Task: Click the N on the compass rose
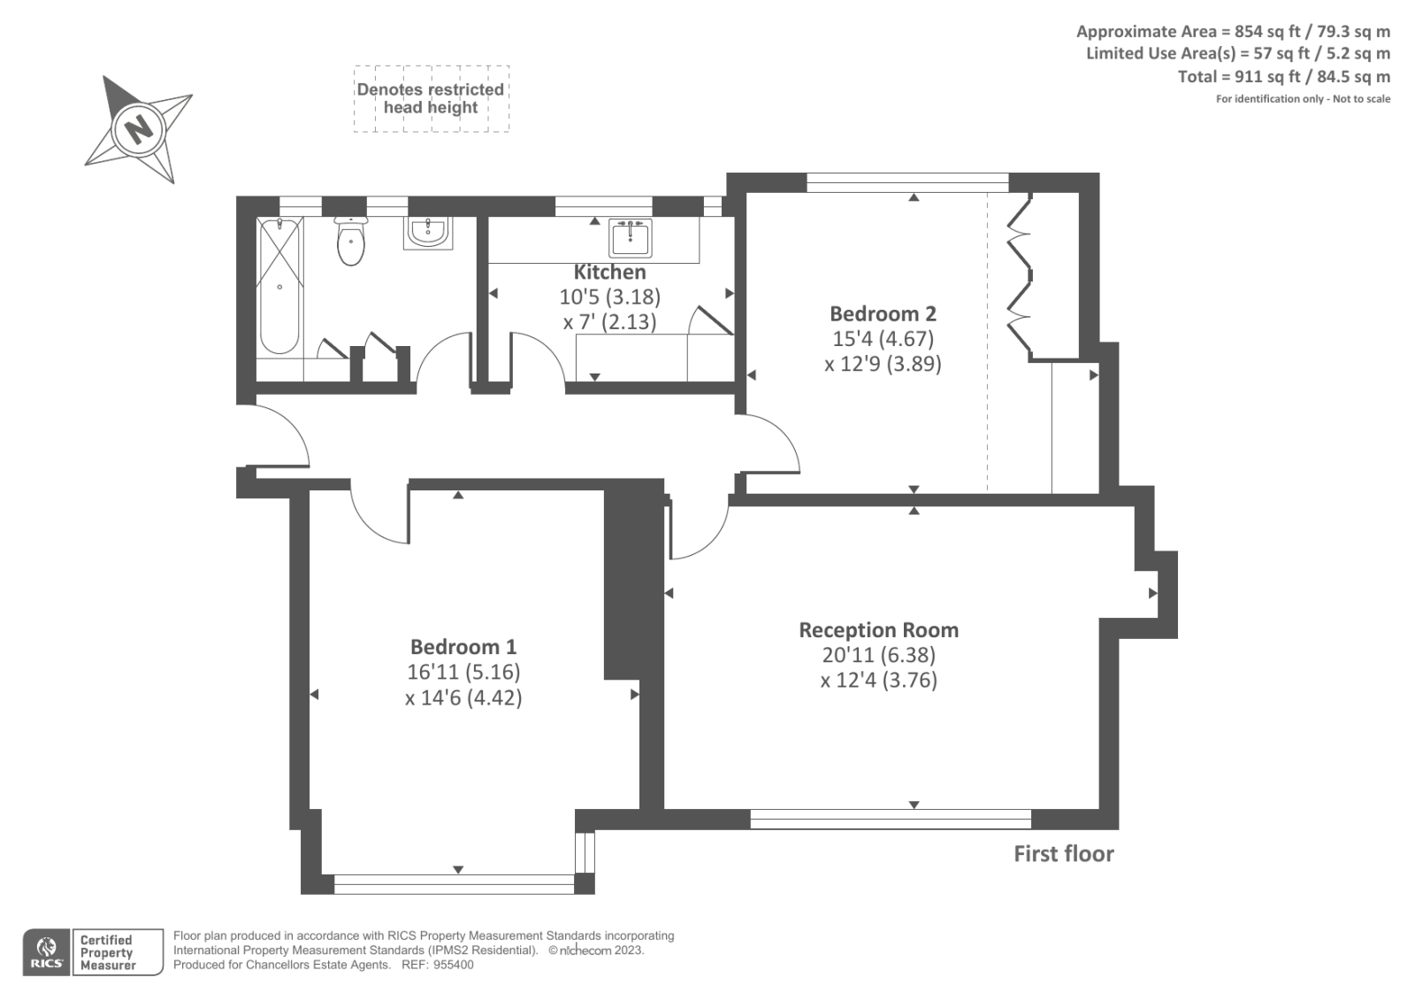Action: tap(139, 129)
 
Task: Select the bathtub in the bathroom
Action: tap(280, 285)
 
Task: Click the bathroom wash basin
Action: tap(428, 233)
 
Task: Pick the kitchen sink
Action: tap(630, 237)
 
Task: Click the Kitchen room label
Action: tap(609, 273)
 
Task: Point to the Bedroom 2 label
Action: tap(883, 313)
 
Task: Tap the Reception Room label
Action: tap(878, 630)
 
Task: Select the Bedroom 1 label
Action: tap(463, 647)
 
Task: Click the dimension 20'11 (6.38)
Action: tap(878, 655)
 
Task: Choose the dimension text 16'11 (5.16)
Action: tap(463, 672)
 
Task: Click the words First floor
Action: tap(1063, 854)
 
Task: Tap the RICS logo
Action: tap(46, 952)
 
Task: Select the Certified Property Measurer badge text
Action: tap(107, 952)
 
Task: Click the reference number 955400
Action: tap(453, 965)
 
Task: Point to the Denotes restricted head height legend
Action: tap(431, 98)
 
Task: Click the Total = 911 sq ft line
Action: tap(1283, 76)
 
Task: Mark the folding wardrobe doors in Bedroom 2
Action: tap(1020, 279)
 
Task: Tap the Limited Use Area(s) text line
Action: tap(1237, 53)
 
